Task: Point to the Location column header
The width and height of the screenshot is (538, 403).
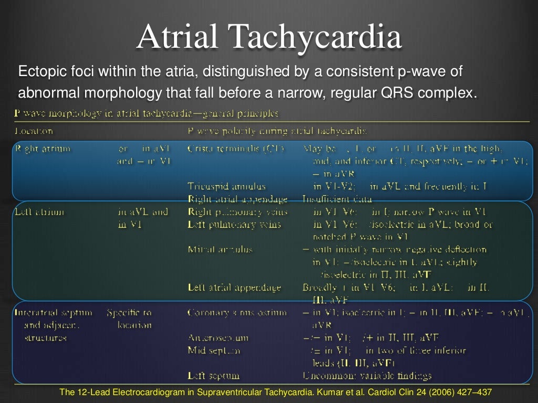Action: coord(34,131)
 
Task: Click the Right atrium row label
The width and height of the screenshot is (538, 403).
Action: coord(43,149)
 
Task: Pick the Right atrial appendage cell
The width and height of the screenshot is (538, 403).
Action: coord(237,199)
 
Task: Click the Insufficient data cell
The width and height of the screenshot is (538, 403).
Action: coord(337,199)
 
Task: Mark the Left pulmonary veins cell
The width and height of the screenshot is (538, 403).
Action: coord(234,225)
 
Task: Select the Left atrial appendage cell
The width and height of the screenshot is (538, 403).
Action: coord(234,288)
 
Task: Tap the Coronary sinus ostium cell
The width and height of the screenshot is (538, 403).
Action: coord(237,313)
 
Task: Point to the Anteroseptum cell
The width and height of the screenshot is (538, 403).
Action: coord(218,338)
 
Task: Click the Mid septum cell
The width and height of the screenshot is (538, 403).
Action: coord(214,350)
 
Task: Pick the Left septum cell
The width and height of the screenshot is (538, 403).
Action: coord(213,375)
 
